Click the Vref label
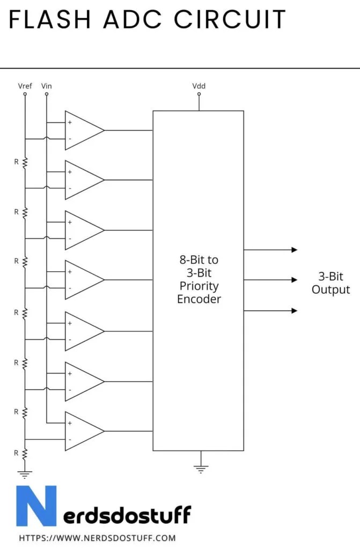click(x=25, y=86)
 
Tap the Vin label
click(x=46, y=86)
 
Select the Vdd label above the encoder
click(x=199, y=86)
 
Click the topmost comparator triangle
click(x=83, y=130)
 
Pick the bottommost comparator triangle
click(x=83, y=431)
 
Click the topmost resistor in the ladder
click(x=25, y=161)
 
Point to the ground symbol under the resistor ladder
click(x=25, y=473)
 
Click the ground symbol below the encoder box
click(x=200, y=470)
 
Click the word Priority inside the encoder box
click(x=199, y=286)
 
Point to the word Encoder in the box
click(x=199, y=299)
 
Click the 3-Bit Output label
click(x=330, y=283)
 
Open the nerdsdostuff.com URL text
click(x=97, y=538)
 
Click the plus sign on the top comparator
click(x=70, y=122)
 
